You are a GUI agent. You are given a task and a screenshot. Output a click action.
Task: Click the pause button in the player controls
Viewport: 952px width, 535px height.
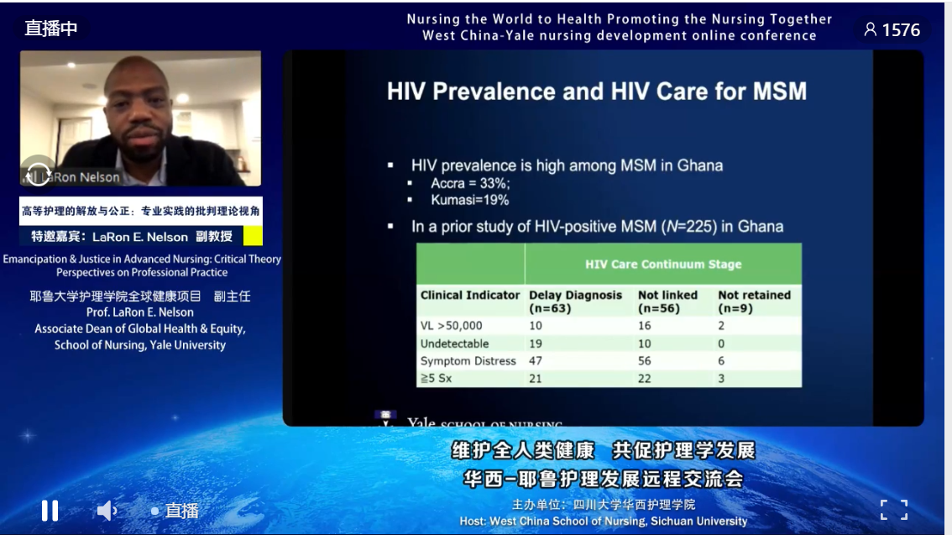point(50,510)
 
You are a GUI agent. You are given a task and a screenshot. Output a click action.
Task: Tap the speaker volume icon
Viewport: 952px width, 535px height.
point(107,510)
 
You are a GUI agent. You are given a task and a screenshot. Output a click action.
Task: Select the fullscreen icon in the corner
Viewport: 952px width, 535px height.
point(893,510)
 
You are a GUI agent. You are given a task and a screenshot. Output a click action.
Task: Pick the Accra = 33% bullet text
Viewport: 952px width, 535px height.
point(470,183)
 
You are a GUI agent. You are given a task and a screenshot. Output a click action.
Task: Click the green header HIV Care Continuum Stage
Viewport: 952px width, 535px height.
point(663,264)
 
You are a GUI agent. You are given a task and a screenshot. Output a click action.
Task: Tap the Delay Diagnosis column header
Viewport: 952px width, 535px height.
point(575,301)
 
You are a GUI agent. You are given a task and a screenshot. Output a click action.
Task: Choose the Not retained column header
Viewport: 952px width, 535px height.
point(754,301)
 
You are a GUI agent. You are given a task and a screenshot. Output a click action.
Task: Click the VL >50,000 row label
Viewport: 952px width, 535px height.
point(452,325)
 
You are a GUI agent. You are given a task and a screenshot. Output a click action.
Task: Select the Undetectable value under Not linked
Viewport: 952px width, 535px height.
point(645,344)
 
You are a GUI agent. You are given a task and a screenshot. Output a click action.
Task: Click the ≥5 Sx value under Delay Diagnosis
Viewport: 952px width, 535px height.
point(536,379)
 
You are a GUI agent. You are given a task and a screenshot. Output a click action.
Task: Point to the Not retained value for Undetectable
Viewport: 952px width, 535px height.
point(722,344)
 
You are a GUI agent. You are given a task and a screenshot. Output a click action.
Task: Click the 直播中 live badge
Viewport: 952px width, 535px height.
point(51,28)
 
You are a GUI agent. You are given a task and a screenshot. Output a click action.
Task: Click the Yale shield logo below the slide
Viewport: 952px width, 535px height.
point(385,418)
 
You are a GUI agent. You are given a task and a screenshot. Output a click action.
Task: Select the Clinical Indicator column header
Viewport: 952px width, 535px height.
point(470,296)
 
